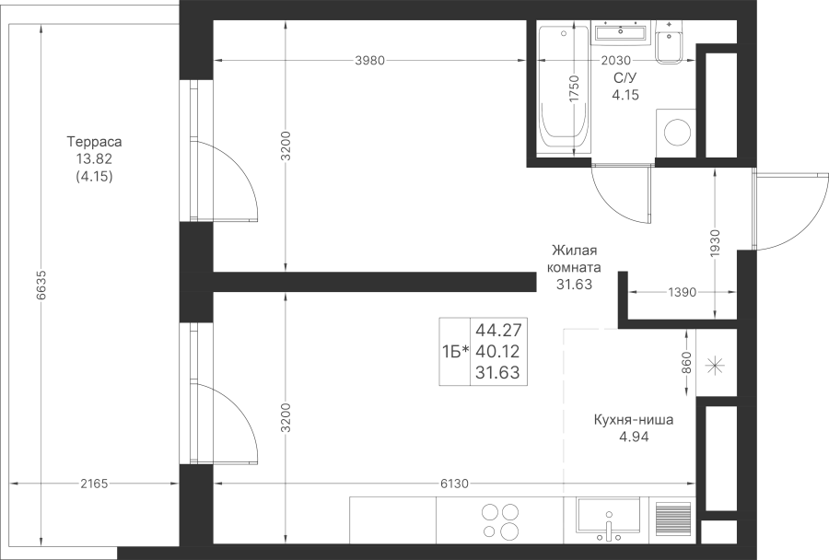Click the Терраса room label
94,142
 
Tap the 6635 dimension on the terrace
42,286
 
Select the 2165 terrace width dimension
94,484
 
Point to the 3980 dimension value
369,61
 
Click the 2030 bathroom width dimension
616,61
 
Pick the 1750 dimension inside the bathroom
574,88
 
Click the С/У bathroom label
625,78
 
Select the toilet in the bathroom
670,41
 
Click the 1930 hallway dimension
716,244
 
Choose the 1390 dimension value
682,292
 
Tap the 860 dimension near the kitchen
687,363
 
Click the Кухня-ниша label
634,420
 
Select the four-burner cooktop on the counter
500,520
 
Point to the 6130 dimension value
454,484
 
